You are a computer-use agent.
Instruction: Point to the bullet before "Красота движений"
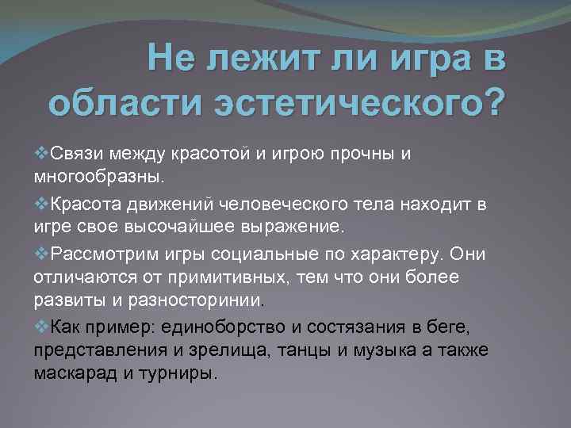42,206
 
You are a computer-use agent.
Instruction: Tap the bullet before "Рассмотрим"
42,254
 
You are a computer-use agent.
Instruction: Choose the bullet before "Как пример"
42,326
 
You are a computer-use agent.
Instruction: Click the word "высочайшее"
192,227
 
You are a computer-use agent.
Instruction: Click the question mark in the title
492,103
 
